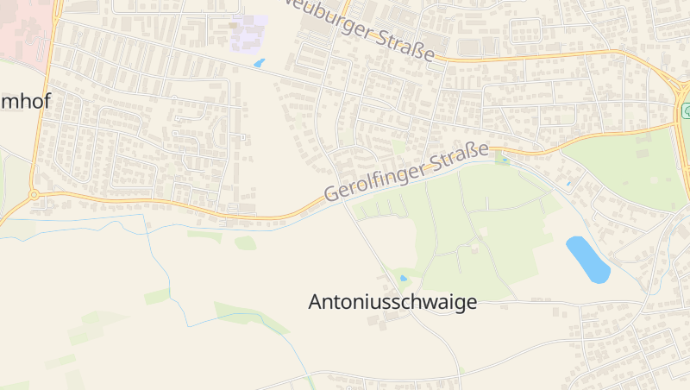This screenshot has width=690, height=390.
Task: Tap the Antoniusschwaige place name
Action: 392,302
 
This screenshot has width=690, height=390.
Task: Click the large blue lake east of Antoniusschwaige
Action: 587,259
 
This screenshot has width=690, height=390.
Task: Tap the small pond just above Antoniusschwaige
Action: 403,278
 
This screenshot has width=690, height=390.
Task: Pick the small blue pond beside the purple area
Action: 259,63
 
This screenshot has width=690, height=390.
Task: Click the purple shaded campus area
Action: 248,33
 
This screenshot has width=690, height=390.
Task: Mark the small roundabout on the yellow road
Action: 34,195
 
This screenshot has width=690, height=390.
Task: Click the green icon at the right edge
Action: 686,110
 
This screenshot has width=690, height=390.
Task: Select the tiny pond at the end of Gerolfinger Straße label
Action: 504,159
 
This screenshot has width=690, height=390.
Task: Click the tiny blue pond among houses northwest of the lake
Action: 568,184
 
